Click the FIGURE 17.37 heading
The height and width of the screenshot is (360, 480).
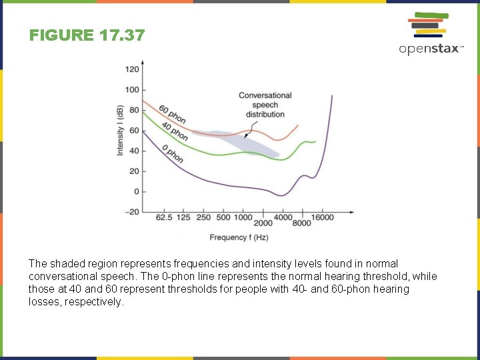coord(87,35)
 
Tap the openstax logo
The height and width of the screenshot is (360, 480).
coord(430,33)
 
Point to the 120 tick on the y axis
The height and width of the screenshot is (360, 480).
coord(132,69)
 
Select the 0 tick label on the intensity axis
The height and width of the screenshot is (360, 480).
coord(135,192)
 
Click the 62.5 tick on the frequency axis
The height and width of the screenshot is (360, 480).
coord(164,217)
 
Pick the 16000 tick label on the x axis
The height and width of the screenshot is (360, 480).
coord(323,217)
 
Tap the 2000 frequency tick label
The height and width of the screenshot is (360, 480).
coord(263,223)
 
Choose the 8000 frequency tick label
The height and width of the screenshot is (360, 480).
coord(301,223)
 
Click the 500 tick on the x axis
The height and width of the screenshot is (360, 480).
coord(223,217)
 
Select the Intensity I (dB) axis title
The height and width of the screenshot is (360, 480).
coord(121,131)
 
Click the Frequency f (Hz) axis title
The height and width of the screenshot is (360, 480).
coord(239,237)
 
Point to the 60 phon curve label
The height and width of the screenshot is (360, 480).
coord(172,114)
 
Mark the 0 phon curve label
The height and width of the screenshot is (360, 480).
coord(173,154)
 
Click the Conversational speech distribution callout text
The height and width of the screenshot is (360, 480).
coord(265,105)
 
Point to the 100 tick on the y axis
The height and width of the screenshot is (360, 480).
coord(132,90)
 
